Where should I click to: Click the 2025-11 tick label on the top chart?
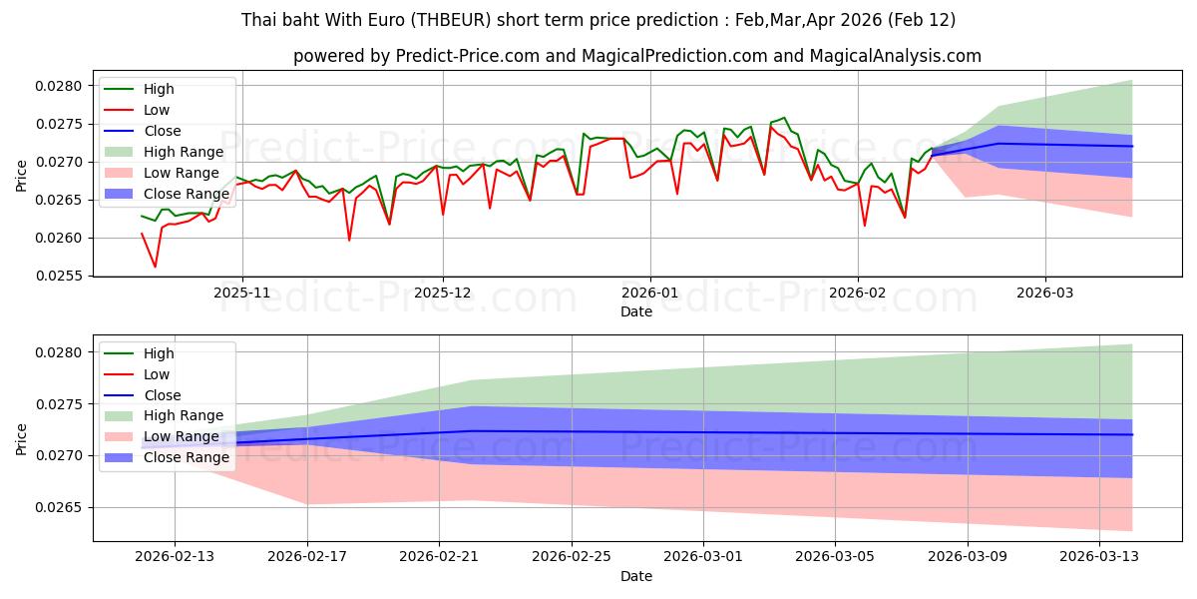coord(242,294)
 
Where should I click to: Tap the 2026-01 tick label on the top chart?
coord(650,294)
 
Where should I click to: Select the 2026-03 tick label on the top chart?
coord(1045,294)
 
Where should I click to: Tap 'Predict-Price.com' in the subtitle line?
coord(468,56)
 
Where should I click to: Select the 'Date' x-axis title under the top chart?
coord(636,311)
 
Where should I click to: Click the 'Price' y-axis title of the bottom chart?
coord(22,439)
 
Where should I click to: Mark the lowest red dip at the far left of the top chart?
coord(155,267)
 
